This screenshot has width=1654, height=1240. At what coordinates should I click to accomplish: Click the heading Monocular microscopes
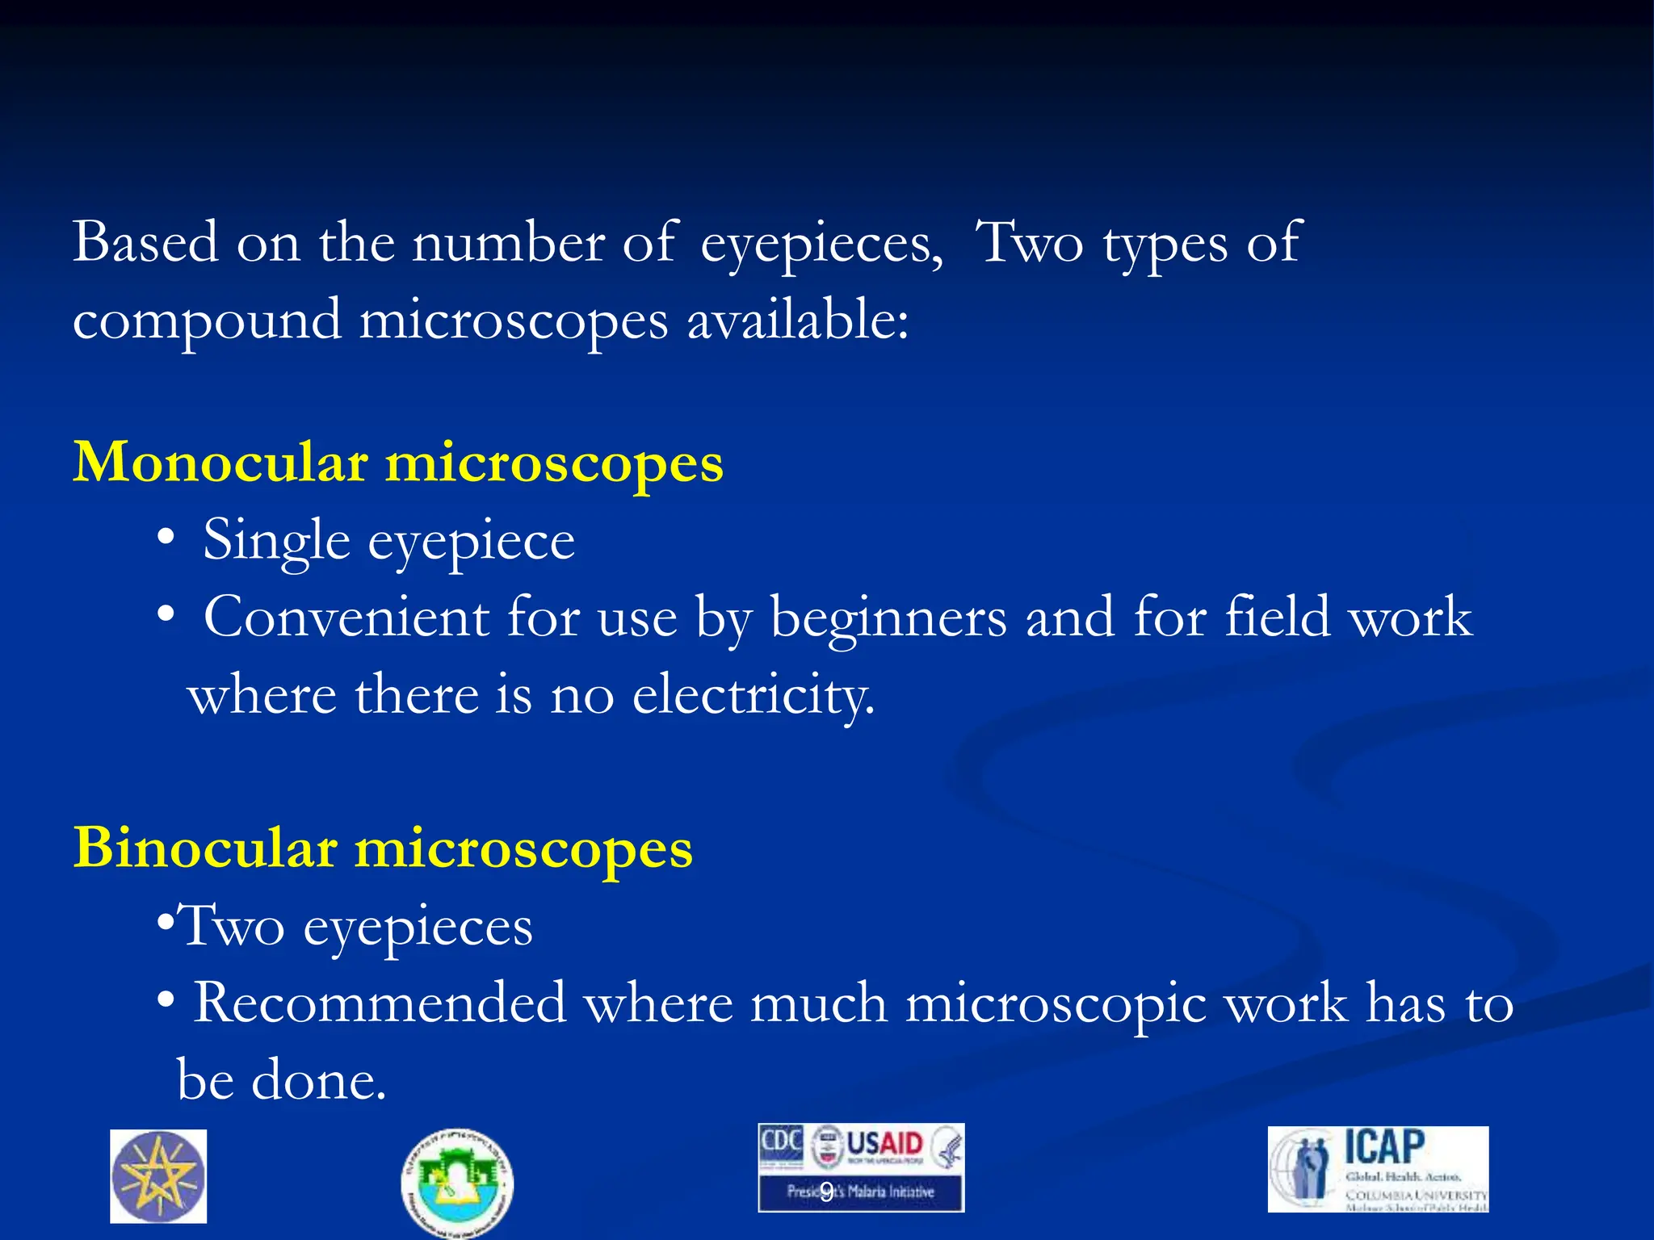point(398,463)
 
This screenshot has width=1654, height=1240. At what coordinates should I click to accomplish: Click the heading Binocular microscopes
point(383,848)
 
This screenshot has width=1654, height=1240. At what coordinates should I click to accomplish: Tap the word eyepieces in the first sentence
point(819,244)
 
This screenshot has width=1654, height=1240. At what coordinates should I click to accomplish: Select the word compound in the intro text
point(207,321)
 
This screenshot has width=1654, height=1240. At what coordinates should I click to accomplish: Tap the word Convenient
point(346,618)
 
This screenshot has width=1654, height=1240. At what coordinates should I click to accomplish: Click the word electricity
point(753,696)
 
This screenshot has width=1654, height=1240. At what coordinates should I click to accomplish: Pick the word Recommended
point(380,1003)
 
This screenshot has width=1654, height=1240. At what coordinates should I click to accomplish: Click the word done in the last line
point(318,1080)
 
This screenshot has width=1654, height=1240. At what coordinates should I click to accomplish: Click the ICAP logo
point(1378,1169)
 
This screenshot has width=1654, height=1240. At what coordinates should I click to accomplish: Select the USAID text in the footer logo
point(884,1144)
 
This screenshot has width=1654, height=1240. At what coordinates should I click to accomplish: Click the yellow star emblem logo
point(158,1176)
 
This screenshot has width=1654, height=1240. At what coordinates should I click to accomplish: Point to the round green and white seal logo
point(457,1182)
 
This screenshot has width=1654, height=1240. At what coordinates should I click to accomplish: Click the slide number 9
point(826,1192)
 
